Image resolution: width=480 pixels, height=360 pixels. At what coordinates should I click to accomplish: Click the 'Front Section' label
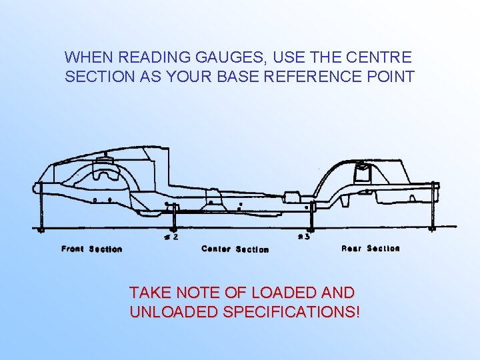tap(92, 249)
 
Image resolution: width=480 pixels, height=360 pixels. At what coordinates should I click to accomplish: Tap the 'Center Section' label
tap(235, 249)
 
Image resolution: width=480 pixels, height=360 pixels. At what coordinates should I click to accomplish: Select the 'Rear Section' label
tap(370, 248)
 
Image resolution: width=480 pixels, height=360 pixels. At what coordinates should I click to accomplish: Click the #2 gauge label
tap(171, 236)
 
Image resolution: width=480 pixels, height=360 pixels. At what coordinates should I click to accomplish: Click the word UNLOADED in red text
tap(173, 311)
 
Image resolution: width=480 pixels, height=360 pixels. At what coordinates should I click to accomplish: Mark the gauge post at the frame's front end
tap(40, 207)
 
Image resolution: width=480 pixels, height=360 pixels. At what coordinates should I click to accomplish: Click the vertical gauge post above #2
tap(175, 217)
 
